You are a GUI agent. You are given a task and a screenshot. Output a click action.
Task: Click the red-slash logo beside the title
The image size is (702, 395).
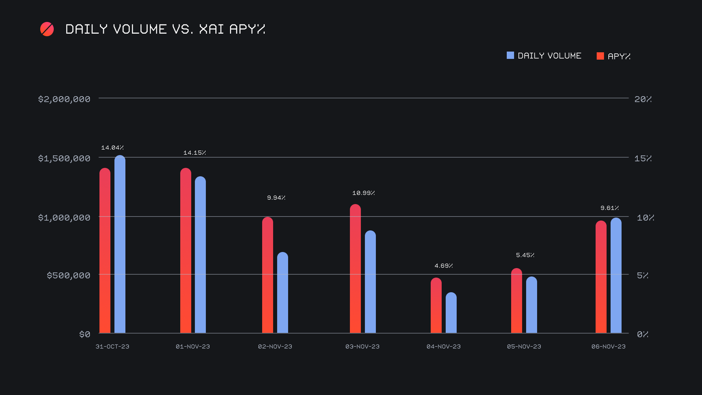(47, 29)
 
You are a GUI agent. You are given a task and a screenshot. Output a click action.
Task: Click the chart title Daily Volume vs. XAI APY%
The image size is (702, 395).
(165, 29)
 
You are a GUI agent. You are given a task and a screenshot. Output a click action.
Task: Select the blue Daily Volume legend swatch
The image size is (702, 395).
(510, 56)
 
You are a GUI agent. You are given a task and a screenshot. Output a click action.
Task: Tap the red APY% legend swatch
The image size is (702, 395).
(600, 56)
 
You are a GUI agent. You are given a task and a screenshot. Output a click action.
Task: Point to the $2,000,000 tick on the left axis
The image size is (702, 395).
(64, 99)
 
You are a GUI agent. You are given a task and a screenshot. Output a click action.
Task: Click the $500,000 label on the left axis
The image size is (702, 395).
(68, 275)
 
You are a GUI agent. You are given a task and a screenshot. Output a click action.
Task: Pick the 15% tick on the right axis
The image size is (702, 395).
(643, 158)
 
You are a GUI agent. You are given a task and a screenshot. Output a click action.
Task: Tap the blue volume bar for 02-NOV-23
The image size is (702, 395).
(283, 293)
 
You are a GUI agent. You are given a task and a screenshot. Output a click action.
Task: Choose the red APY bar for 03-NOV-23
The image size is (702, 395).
(355, 269)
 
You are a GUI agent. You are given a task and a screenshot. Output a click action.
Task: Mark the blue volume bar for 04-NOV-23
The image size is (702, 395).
(451, 313)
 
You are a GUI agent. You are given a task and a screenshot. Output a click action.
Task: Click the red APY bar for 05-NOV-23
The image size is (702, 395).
(517, 301)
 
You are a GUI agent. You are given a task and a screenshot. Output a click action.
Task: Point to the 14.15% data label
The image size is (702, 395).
(195, 153)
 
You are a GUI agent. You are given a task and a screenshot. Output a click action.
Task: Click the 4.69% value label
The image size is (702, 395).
(444, 266)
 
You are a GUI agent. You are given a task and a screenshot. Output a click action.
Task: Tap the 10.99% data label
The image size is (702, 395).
(363, 193)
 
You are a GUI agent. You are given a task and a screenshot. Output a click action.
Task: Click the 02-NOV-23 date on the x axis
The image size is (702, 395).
(275, 346)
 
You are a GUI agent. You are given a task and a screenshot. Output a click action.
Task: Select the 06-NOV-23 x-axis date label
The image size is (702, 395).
(608, 346)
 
